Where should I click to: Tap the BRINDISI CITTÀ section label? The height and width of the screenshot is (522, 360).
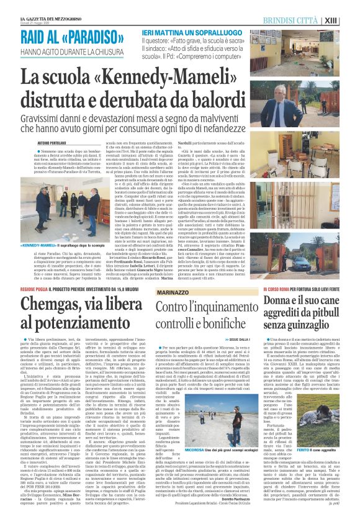click(x=309, y=20)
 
